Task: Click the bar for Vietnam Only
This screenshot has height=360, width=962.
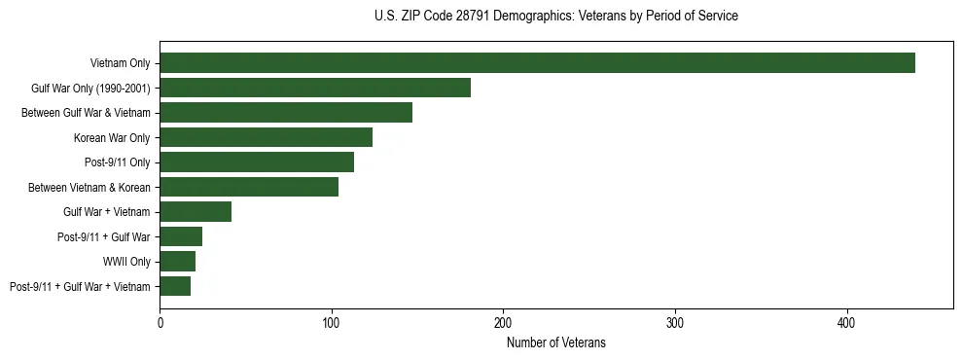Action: tap(537, 63)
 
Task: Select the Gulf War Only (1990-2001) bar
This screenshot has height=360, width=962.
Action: tap(315, 88)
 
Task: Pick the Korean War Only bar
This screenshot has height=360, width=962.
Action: tap(267, 137)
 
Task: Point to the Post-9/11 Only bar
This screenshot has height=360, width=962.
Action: tap(257, 162)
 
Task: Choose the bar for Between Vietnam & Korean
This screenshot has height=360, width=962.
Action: tap(249, 187)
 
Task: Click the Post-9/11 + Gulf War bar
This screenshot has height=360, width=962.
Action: tap(181, 236)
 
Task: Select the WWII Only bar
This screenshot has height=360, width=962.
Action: tap(178, 262)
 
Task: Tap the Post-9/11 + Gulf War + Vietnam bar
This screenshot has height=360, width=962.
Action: tap(175, 286)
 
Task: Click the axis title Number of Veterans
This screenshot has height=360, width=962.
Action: tap(556, 342)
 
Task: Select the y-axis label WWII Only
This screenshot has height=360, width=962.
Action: tap(126, 262)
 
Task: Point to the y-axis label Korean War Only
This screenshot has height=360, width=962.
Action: tap(112, 137)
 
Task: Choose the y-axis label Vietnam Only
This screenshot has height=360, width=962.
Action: tap(120, 63)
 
